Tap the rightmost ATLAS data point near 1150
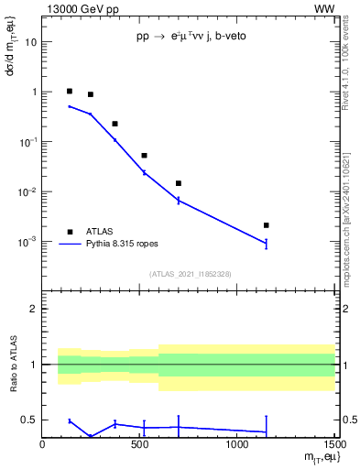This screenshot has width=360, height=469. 266,224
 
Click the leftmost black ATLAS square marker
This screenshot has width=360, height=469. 70,91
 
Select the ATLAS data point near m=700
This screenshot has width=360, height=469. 178,183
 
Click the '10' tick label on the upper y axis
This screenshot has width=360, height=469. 31,42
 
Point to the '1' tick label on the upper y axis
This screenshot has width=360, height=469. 34,92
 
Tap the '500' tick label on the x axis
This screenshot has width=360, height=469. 139,444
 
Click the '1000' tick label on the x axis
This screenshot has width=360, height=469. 236,444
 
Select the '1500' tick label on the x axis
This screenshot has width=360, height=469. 332,444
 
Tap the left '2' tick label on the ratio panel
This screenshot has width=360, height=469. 35,309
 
